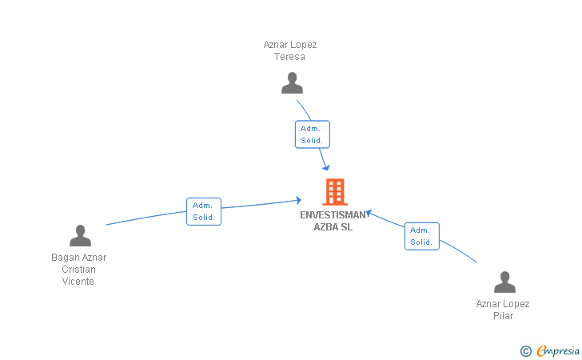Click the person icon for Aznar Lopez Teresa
[x=292, y=83]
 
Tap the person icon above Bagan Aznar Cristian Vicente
[x=80, y=235]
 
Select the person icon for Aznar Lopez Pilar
[x=504, y=282]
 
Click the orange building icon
[x=335, y=192]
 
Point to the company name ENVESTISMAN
[x=333, y=215]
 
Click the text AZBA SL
[x=333, y=227]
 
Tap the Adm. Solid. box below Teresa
[x=312, y=134]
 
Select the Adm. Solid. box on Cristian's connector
[x=204, y=211]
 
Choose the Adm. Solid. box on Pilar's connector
[x=421, y=236]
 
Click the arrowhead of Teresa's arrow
[x=326, y=168]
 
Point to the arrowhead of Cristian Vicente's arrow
[x=299, y=200]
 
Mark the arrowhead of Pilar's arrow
[x=369, y=214]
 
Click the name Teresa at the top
[x=289, y=57]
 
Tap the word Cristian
[x=78, y=270]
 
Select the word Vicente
[x=78, y=282]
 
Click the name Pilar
[x=504, y=316]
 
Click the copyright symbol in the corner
[x=526, y=351]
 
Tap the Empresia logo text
[x=558, y=350]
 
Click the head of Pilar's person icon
[x=504, y=277]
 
